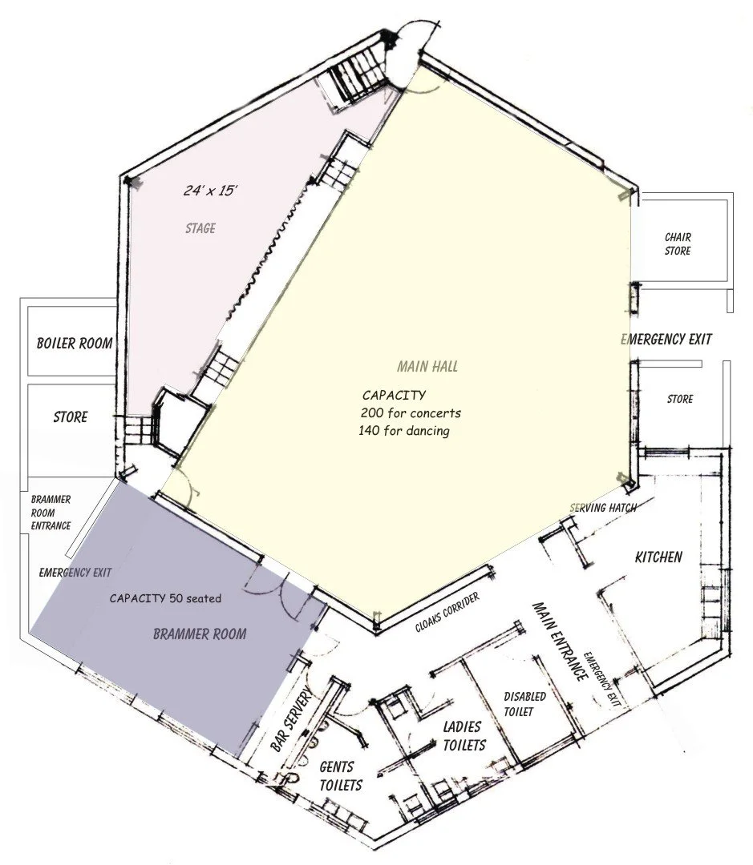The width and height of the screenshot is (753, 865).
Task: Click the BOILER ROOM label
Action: [74, 344]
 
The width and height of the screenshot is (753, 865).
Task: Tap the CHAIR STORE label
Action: [678, 244]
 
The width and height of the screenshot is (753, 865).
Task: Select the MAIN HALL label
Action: [427, 367]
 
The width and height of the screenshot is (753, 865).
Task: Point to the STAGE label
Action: [200, 228]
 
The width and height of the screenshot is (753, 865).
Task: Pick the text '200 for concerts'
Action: [411, 413]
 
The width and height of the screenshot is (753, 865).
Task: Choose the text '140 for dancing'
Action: [404, 431]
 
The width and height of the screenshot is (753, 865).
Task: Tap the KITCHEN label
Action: [658, 557]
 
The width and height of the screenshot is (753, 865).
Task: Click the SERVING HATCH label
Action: [603, 508]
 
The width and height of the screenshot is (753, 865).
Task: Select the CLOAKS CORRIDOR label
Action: [447, 613]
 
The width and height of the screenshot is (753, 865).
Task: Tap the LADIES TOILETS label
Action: [464, 736]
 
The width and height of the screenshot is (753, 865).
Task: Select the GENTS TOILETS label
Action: [341, 775]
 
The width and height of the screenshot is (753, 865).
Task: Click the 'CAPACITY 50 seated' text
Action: [165, 598]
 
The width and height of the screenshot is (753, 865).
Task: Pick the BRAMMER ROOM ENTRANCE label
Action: [51, 513]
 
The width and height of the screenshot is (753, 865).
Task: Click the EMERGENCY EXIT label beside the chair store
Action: [667, 340]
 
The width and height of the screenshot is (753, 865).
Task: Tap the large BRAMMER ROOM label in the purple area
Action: [200, 634]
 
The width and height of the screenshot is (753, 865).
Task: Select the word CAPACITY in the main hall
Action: [394, 396]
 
